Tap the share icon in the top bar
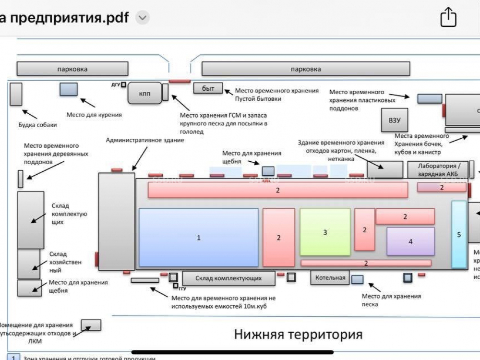[x=448, y=18]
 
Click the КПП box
[x=144, y=94]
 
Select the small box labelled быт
[x=208, y=88]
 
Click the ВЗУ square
[x=394, y=120]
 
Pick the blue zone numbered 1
[x=199, y=237]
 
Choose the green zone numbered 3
[x=325, y=232]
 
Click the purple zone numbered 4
[x=410, y=241]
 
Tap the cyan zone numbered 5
[x=459, y=234]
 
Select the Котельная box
[x=330, y=277]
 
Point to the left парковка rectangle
[x=72, y=69]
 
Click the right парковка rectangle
[x=306, y=69]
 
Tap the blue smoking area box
[x=68, y=89]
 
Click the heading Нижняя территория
[x=298, y=334]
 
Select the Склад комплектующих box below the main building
[x=228, y=278]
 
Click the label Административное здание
[x=145, y=140]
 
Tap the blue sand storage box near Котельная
[x=357, y=279]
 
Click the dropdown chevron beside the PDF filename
[x=143, y=18]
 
